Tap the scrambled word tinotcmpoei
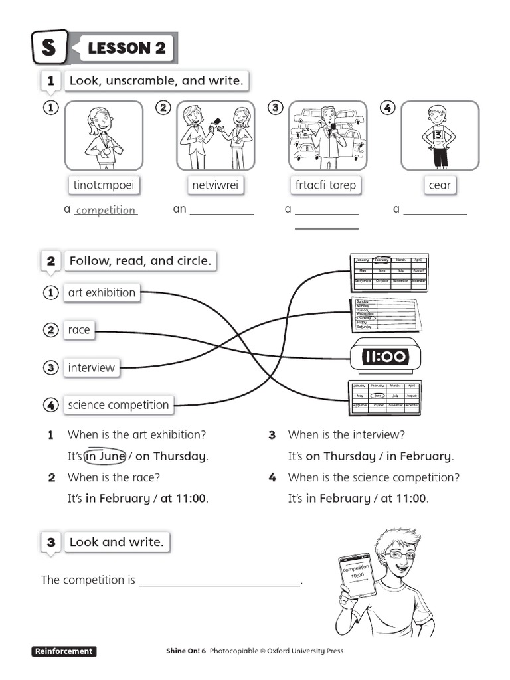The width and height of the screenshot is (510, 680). [x=104, y=185]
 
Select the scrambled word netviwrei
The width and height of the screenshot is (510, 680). [x=215, y=185]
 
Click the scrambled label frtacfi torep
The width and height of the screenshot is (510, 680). [x=325, y=185]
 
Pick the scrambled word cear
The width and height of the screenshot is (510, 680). [x=440, y=185]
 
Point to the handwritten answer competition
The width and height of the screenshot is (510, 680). [x=106, y=210]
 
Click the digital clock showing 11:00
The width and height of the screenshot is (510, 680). [x=384, y=357]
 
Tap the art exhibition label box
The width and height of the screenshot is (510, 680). [x=102, y=292]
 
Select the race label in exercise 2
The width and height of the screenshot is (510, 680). [x=79, y=330]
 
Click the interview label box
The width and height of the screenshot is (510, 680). [x=91, y=367]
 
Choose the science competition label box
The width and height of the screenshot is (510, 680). [x=118, y=404]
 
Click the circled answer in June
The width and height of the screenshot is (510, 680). [x=105, y=456]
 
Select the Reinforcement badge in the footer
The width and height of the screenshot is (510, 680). [x=64, y=651]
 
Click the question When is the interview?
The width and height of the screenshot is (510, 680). [x=346, y=435]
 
